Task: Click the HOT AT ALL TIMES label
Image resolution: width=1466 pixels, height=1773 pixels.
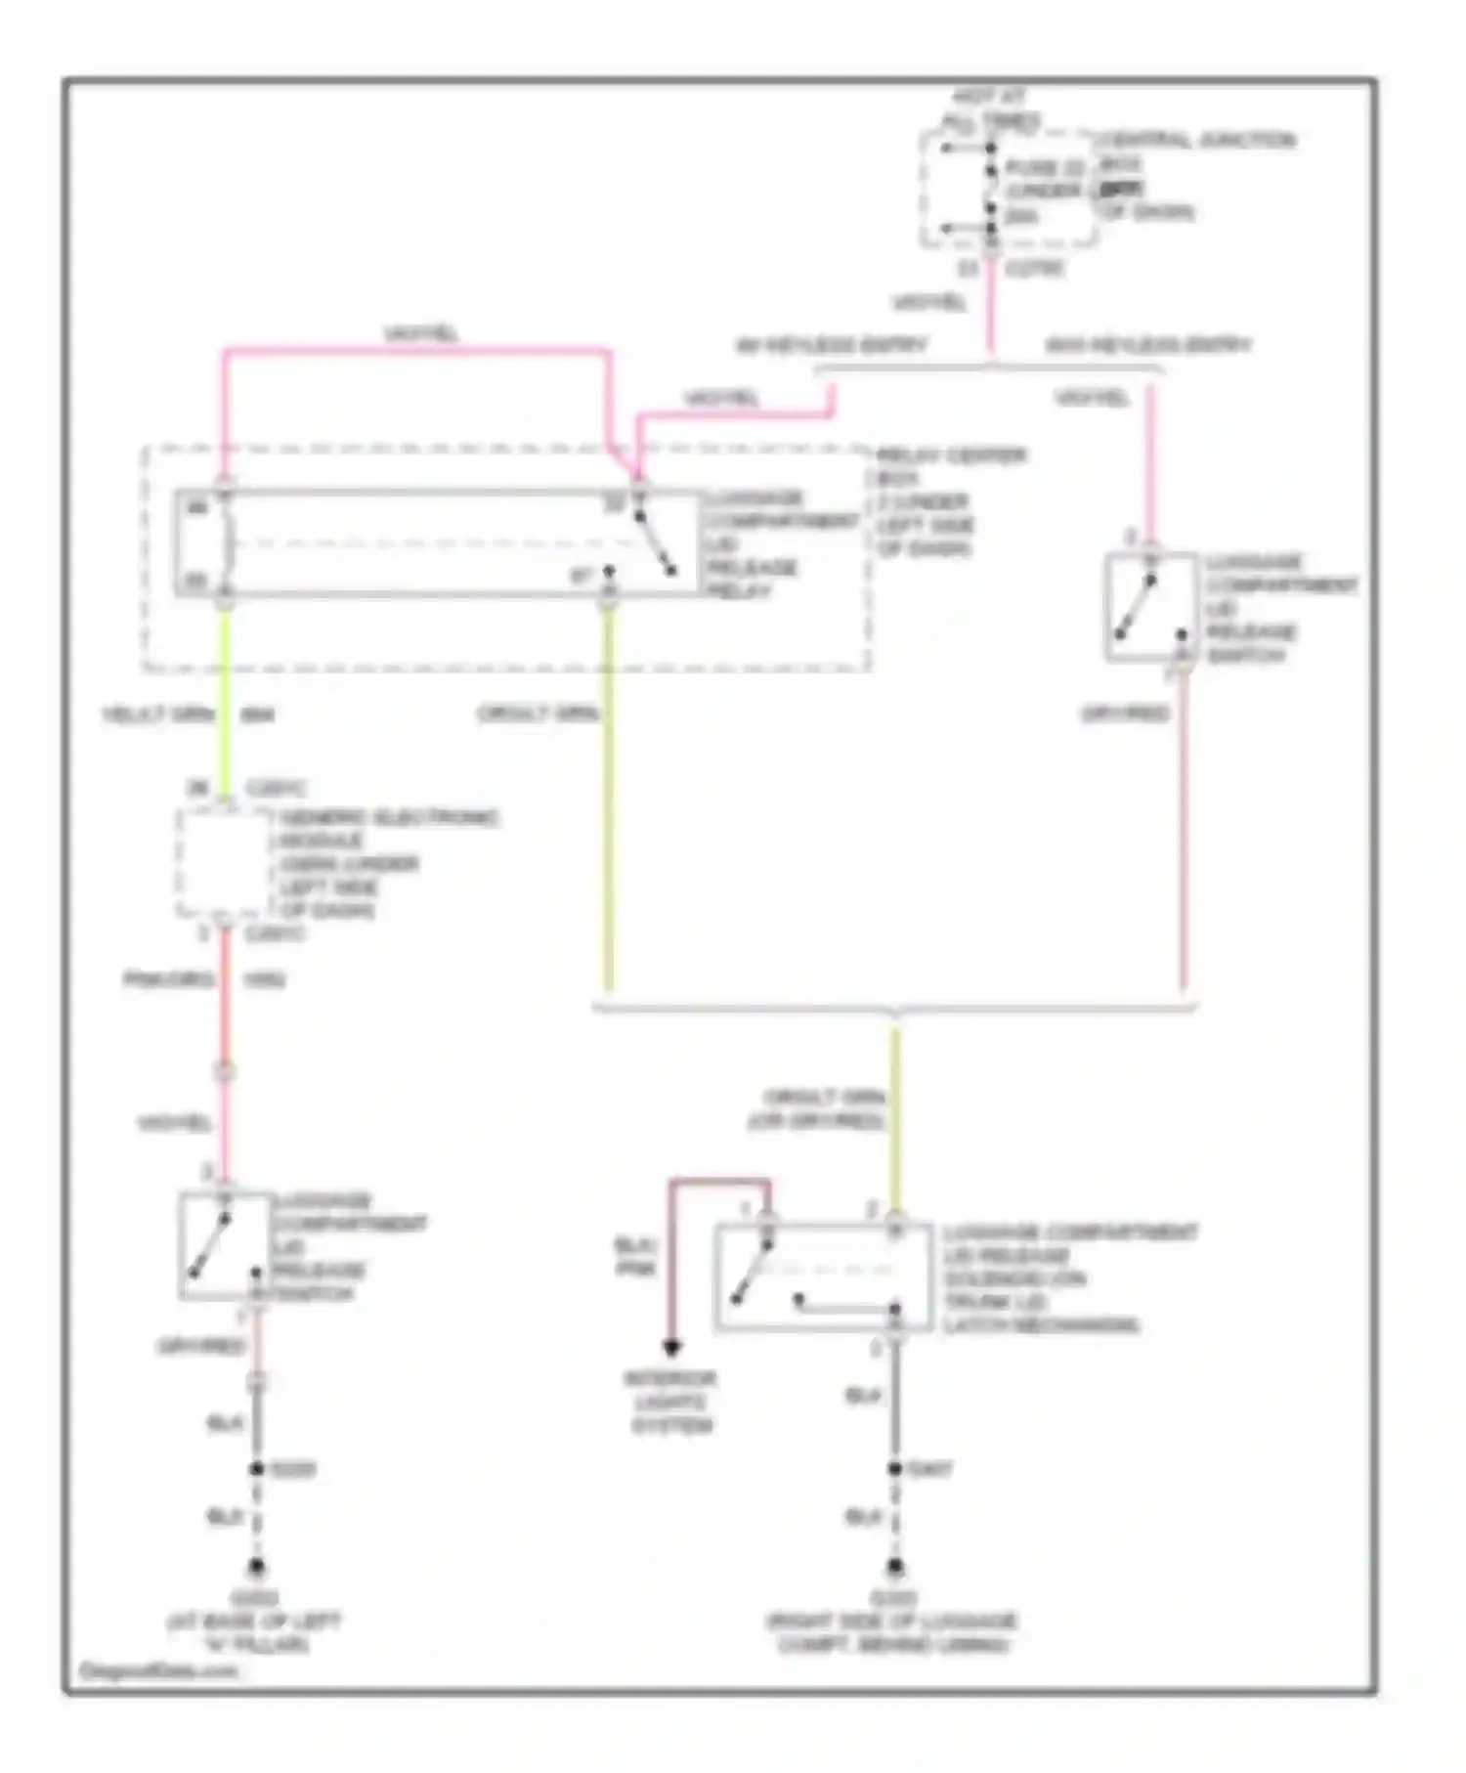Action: [989, 108]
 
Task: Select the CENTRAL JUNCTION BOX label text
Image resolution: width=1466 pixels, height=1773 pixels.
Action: [1194, 141]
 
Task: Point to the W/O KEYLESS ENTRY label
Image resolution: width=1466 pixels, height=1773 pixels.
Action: [1147, 345]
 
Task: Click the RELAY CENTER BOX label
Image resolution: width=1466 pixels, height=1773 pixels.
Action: [950, 455]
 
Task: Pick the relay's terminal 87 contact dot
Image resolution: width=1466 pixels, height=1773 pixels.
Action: [608, 571]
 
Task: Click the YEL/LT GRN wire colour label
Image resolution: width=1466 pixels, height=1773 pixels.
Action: [158, 714]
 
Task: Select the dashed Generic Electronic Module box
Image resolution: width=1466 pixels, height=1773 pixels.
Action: [224, 864]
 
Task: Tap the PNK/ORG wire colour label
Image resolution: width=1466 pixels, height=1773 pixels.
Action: [168, 979]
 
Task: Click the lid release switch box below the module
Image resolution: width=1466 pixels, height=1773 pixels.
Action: [225, 1246]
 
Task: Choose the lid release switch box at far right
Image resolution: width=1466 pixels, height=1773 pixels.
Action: [1150, 607]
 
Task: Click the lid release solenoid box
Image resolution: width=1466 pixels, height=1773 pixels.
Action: [823, 1276]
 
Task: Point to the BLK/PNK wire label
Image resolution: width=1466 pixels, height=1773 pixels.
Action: [635, 1257]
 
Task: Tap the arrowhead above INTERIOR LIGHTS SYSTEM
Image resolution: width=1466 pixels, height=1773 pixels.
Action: [671, 1349]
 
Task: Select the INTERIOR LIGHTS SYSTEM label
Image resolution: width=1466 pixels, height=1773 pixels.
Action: [671, 1402]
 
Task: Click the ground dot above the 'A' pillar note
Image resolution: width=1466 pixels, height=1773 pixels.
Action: [256, 1567]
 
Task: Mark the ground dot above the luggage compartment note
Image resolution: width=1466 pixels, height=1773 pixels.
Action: [894, 1567]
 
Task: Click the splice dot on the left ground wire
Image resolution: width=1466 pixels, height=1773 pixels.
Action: [256, 1469]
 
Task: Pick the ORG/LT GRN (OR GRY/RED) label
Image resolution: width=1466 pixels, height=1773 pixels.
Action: [818, 1109]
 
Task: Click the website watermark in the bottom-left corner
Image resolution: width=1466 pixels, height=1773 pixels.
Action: [157, 1671]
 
